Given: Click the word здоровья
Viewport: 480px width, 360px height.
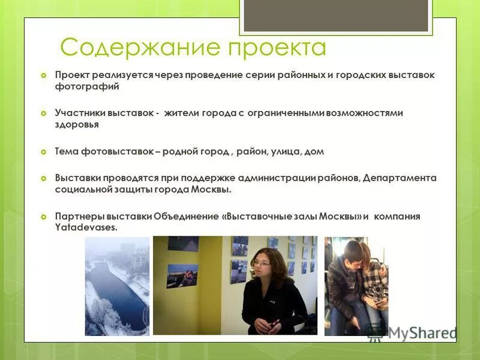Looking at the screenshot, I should click(x=77, y=125).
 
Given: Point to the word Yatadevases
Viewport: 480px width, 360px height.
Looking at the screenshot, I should click(x=86, y=228).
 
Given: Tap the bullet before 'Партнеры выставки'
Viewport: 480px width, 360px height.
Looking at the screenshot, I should click(x=43, y=217).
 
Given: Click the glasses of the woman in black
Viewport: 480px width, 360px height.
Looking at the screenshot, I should click(x=262, y=263).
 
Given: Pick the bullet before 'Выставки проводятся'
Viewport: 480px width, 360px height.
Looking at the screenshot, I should click(x=43, y=178).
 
